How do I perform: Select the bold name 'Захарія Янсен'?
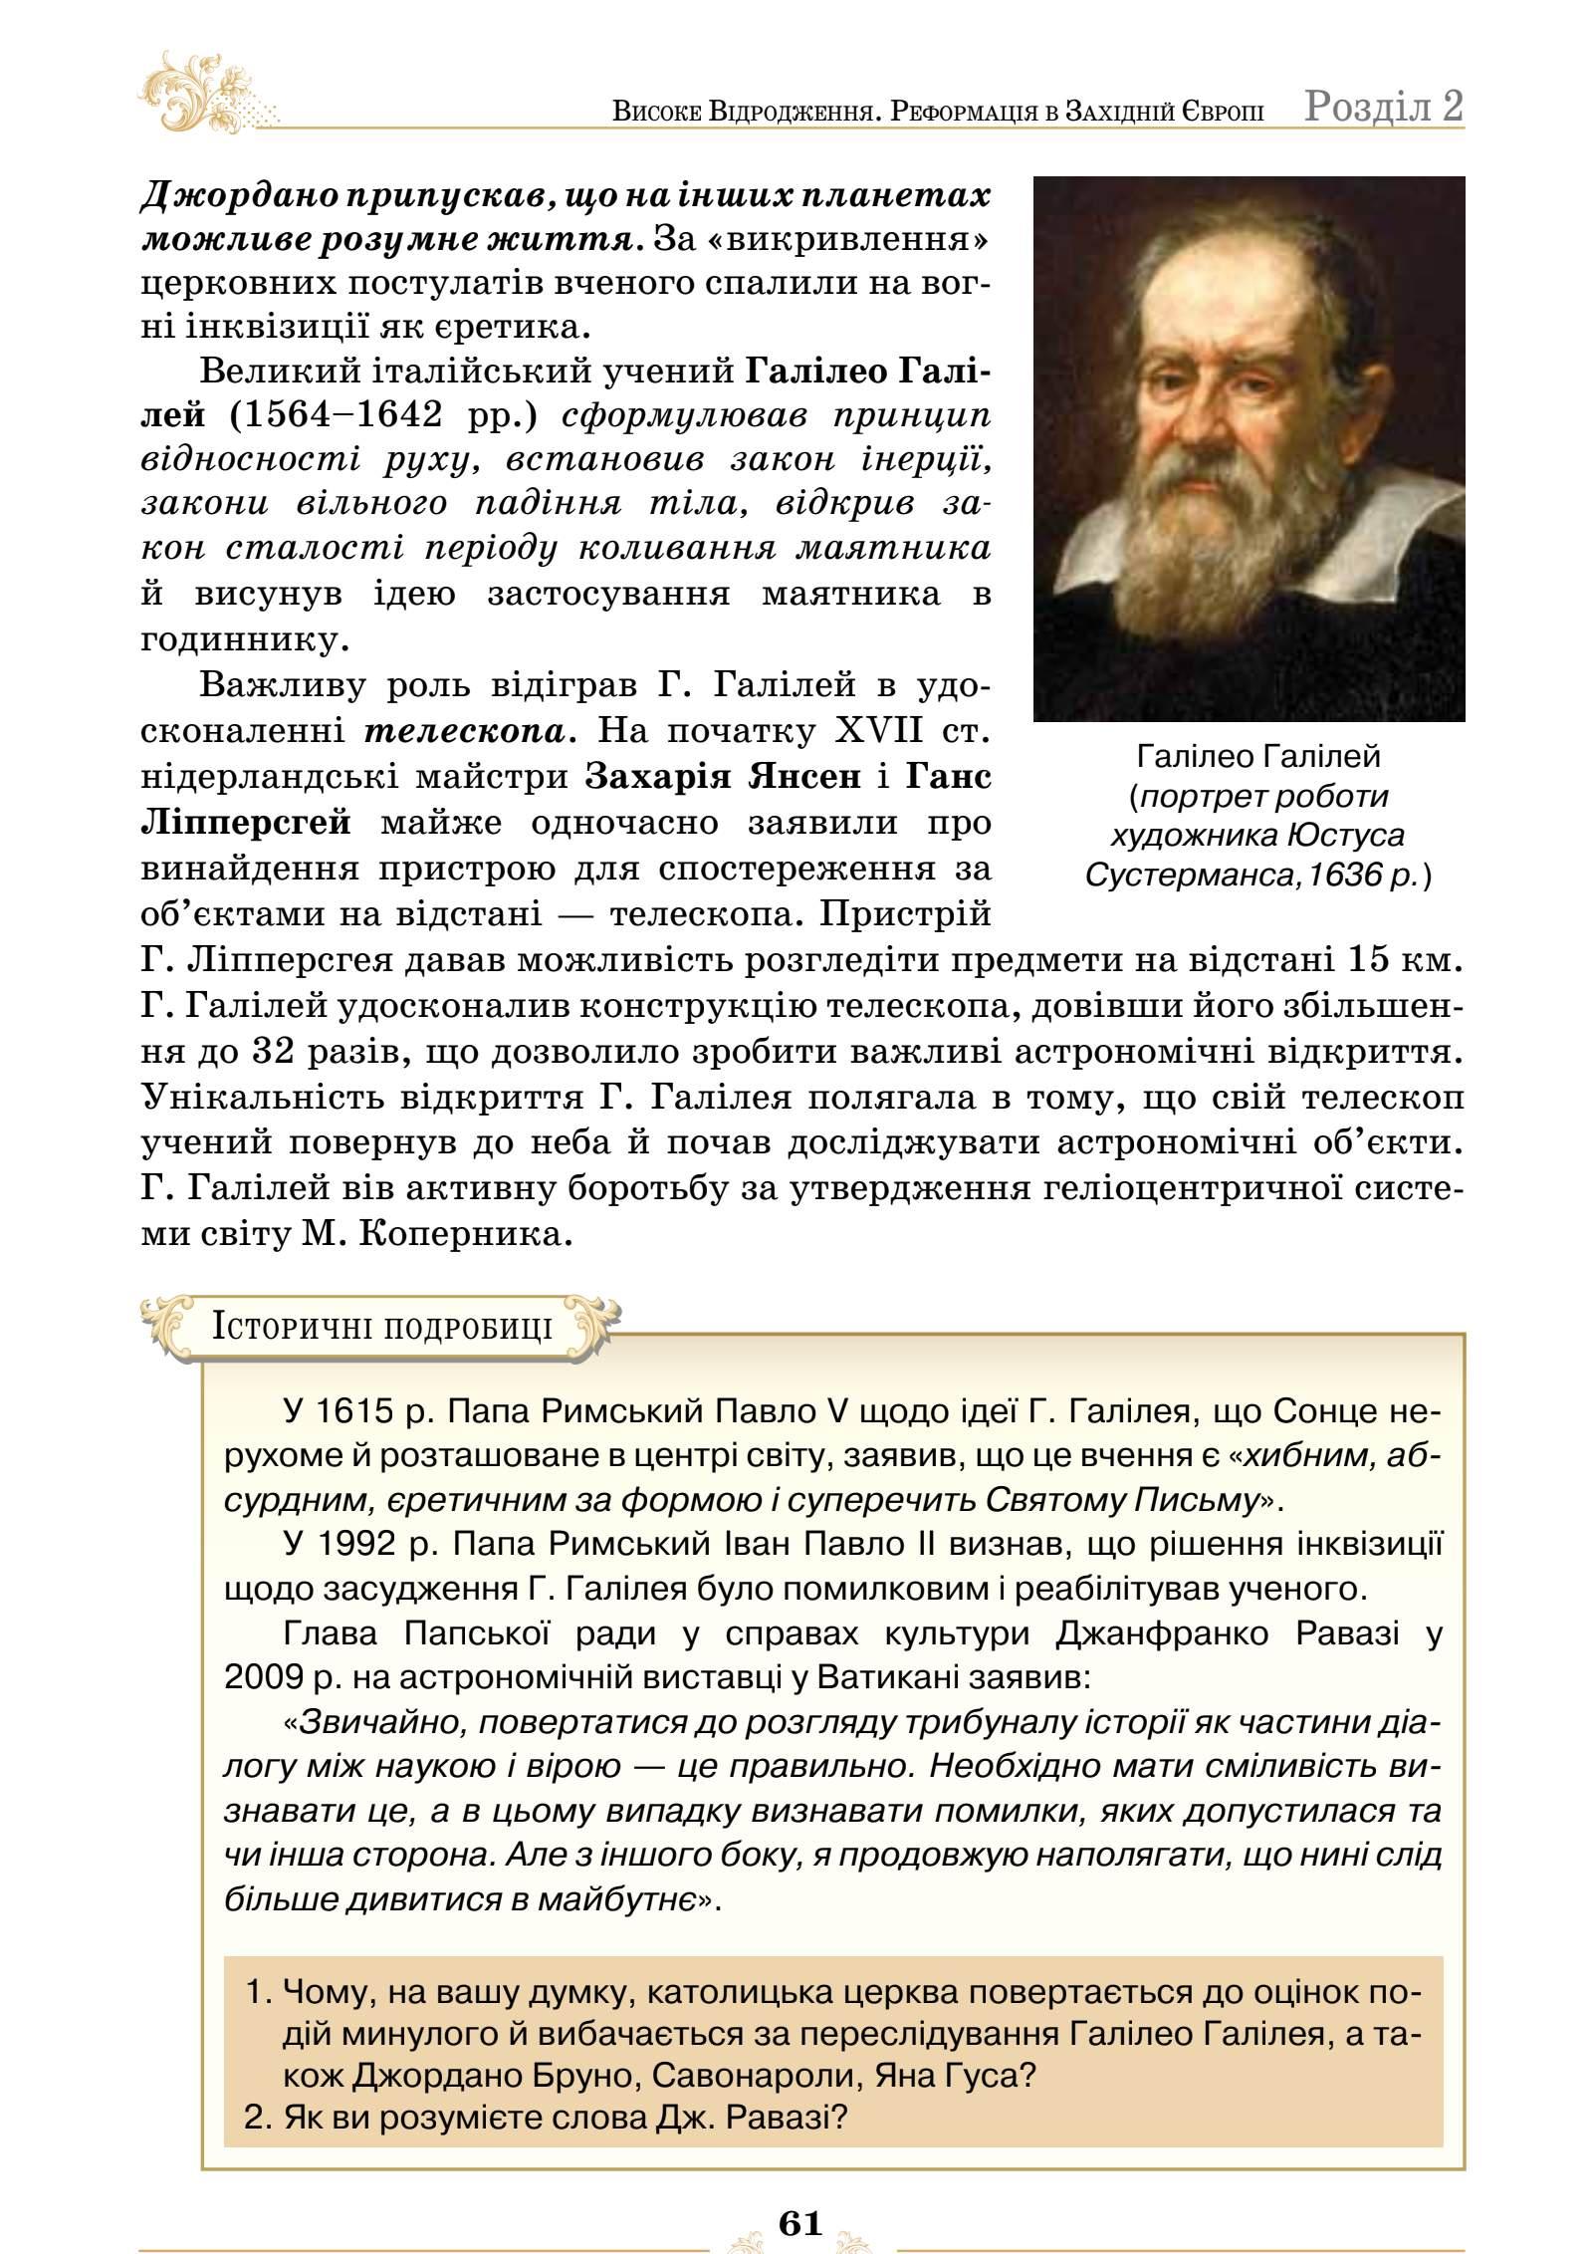[x=723, y=777]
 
